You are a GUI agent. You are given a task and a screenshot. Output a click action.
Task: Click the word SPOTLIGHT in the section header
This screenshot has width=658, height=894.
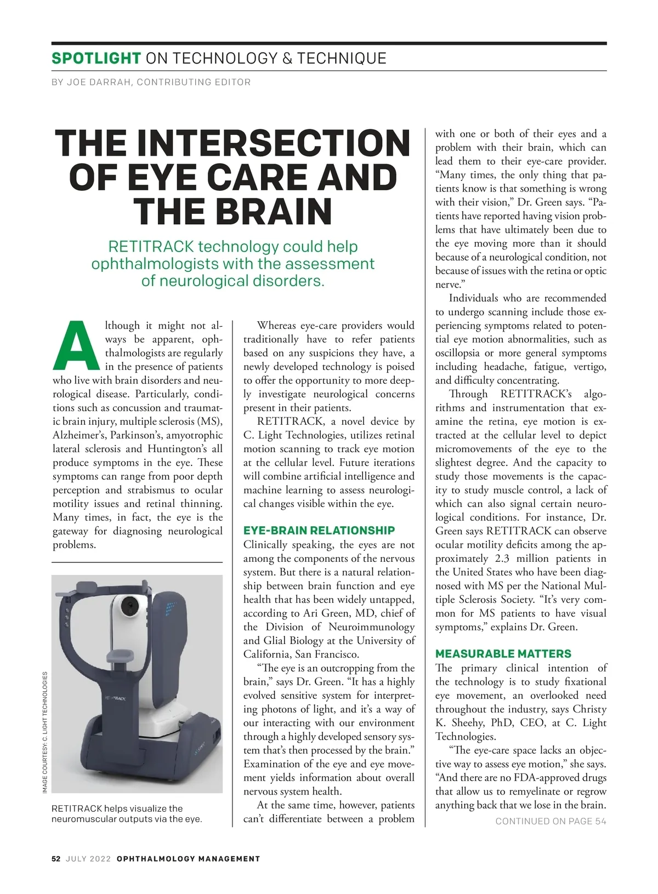pyautogui.click(x=96, y=58)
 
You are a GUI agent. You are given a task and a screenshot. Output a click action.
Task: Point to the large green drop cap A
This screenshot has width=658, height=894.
pyautogui.click(x=76, y=345)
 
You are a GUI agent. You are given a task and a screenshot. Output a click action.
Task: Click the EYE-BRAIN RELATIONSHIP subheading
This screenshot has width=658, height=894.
pyautogui.click(x=319, y=531)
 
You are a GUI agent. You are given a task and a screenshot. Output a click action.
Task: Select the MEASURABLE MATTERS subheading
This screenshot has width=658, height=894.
pyautogui.click(x=503, y=654)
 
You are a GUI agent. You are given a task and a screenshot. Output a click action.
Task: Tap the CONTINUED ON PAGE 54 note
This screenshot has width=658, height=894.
pyautogui.click(x=551, y=821)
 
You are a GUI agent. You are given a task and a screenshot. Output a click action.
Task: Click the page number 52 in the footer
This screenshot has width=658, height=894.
pyautogui.click(x=56, y=859)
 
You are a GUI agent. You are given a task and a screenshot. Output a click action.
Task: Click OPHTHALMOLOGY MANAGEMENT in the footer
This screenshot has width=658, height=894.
pyautogui.click(x=188, y=859)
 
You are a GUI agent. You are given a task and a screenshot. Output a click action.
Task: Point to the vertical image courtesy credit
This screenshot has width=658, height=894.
pyautogui.click(x=45, y=732)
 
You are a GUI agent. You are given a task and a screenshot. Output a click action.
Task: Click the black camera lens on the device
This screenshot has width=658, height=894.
pyautogui.click(x=130, y=606)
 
